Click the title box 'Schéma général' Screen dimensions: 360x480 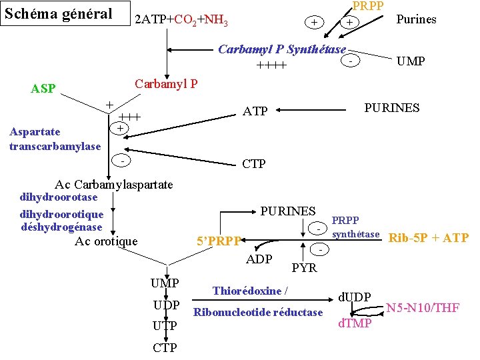(x=58, y=13)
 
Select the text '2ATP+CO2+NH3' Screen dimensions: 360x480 (x=181, y=21)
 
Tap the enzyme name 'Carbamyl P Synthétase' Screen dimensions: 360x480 (x=282, y=50)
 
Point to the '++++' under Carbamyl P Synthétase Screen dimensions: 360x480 (x=271, y=65)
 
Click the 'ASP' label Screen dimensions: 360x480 (x=43, y=88)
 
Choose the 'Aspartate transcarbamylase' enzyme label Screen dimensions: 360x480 (x=55, y=139)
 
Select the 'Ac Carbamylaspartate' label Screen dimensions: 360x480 (x=114, y=184)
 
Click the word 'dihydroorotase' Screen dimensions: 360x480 (x=59, y=197)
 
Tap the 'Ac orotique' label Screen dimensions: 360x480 (x=106, y=241)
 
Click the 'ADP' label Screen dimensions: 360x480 (x=259, y=259)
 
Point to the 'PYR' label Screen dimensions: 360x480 (x=305, y=268)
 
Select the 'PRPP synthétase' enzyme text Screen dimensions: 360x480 (x=355, y=227)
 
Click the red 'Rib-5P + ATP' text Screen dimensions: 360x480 (x=428, y=238)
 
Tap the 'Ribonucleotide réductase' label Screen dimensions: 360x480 (x=257, y=313)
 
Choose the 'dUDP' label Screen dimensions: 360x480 (x=354, y=296)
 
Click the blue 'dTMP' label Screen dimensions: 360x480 (x=355, y=324)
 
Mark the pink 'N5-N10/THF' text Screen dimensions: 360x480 (x=423, y=307)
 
